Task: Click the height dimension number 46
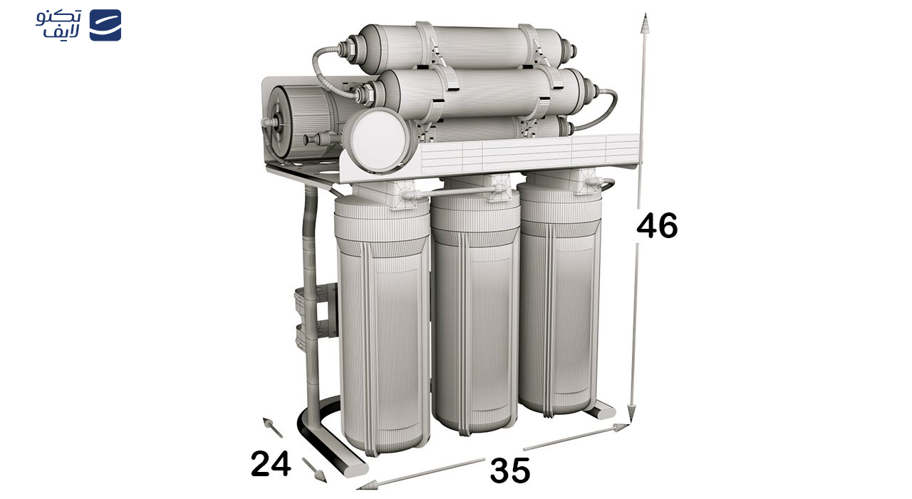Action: coord(657,226)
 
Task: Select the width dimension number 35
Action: coord(509,471)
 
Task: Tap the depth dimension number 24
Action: coord(271,464)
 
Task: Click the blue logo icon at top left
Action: coord(105,25)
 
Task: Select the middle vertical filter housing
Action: coord(475,314)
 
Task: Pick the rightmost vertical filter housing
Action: coord(559,299)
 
